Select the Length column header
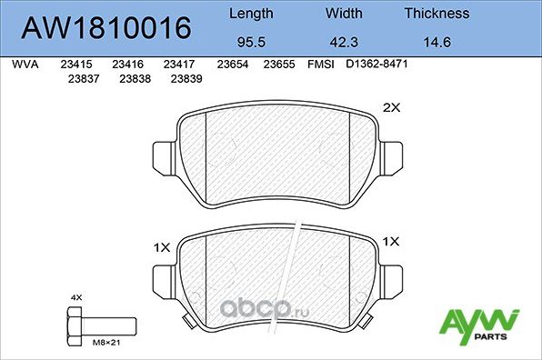click(249, 14)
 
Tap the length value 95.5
click(249, 42)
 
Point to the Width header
click(343, 14)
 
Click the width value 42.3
click(343, 42)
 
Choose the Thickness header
click(437, 14)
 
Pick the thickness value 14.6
click(437, 42)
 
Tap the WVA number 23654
click(233, 65)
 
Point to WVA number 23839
click(186, 79)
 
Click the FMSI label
click(320, 65)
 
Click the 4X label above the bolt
click(75, 297)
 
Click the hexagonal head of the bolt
click(75, 323)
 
